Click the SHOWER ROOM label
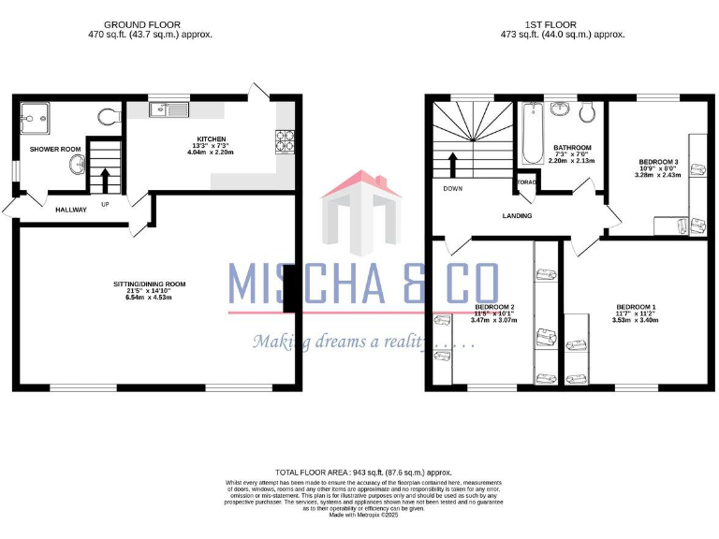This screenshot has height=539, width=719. point(55,150)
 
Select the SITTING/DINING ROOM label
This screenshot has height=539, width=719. point(150,284)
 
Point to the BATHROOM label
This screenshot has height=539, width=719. point(571,148)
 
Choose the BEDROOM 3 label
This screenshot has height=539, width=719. point(657,162)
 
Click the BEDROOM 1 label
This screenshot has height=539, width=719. point(636,307)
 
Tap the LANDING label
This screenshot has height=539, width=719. point(517,216)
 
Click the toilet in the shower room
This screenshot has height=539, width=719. point(109,117)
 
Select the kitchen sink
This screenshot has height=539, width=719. point(169,111)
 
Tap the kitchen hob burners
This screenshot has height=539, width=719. point(285,141)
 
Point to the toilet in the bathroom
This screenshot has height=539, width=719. point(588,112)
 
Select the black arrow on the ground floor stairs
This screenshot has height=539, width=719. point(105,180)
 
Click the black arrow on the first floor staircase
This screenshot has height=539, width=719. point(454,166)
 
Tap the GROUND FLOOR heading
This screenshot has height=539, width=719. point(142,24)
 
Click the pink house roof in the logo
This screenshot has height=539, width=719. point(361,183)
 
